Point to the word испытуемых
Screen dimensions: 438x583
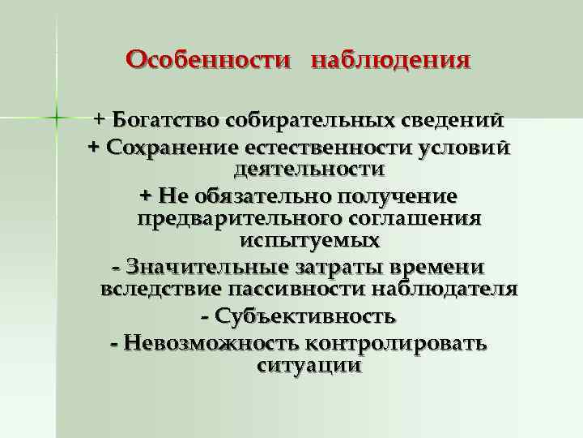(x=310, y=241)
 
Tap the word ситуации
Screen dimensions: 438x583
(x=309, y=365)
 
